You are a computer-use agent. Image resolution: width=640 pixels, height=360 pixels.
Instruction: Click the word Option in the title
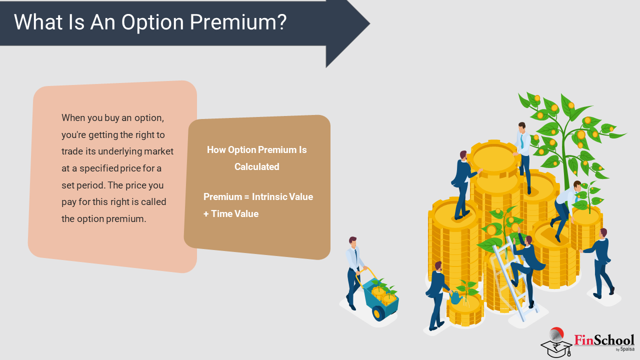click(152, 23)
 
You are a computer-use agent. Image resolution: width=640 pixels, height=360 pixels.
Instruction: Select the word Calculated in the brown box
click(257, 167)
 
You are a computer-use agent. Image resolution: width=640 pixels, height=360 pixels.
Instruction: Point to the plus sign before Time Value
click(206, 214)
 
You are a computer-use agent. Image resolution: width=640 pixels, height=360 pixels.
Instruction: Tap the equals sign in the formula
click(246, 197)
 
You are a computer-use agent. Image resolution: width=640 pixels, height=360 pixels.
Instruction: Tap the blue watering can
click(456, 297)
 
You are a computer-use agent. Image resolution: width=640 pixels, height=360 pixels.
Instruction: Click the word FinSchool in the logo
click(604, 340)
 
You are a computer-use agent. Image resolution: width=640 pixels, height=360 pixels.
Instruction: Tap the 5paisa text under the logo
click(627, 349)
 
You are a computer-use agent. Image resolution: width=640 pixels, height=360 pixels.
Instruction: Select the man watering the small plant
click(437, 295)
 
